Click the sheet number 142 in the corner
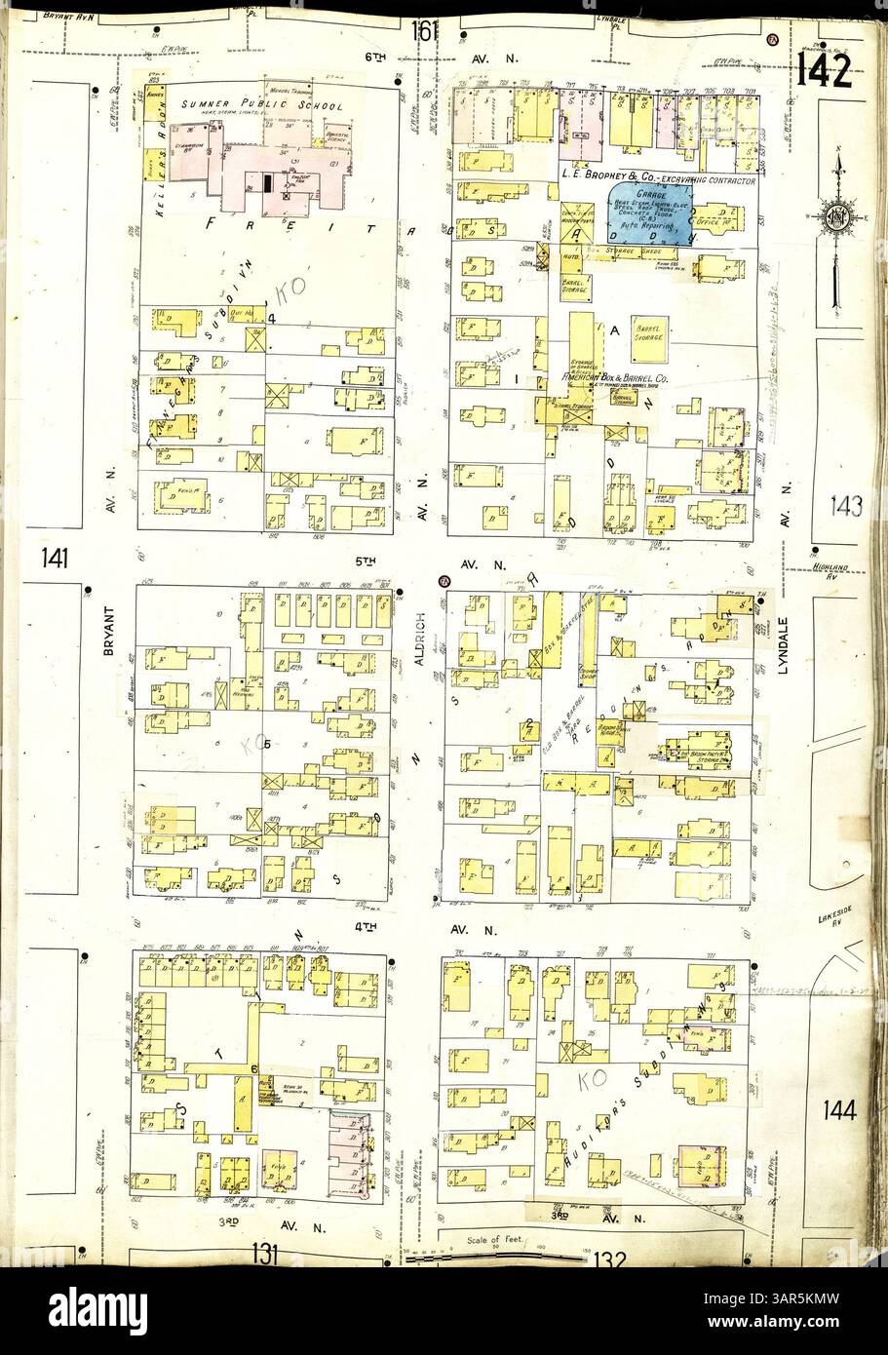[824, 69]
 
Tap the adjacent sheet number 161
[426, 31]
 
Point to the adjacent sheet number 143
[846, 506]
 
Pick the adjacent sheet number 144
[839, 1109]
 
